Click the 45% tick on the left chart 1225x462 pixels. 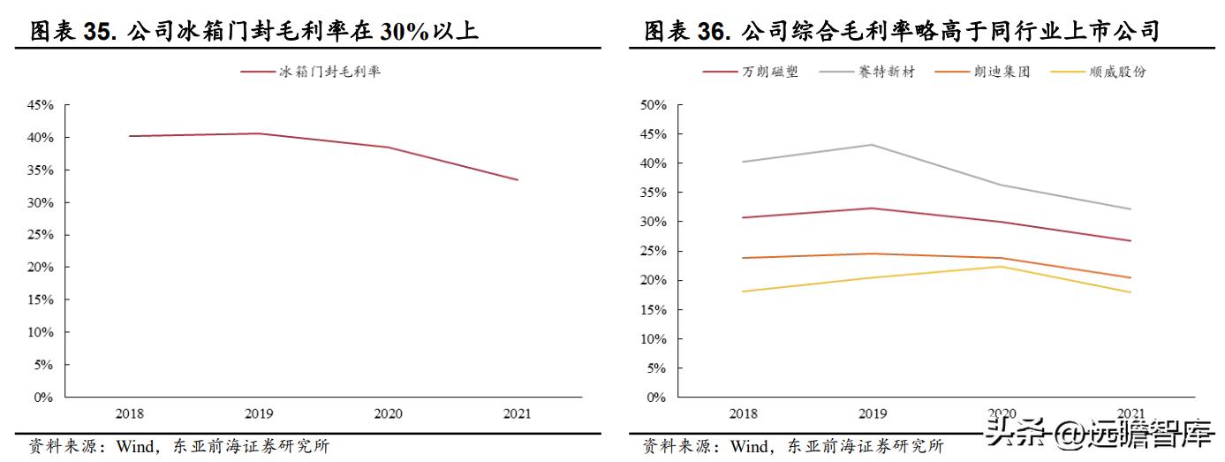click(40, 105)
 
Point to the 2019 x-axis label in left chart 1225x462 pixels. click(259, 413)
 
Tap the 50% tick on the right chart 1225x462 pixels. click(653, 105)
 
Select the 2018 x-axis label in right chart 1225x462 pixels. click(743, 413)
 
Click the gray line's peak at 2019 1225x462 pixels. click(873, 145)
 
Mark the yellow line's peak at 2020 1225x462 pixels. click(1002, 267)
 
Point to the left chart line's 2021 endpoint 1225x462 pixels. click(518, 180)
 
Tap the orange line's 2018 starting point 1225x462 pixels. click(743, 258)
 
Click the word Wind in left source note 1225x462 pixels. click(135, 447)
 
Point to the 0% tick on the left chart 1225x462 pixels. click(43, 398)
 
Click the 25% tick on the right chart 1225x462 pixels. click(653, 251)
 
